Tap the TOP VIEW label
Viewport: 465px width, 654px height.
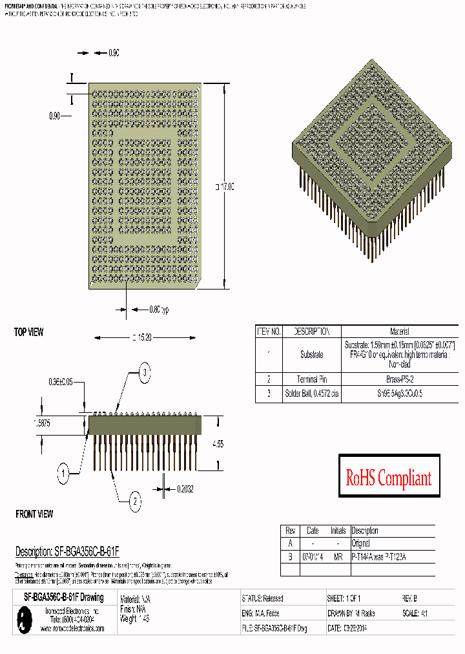tap(29, 332)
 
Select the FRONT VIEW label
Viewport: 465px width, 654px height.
tap(34, 514)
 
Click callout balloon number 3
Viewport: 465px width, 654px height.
tap(145, 372)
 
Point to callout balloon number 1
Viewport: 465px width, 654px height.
tap(63, 474)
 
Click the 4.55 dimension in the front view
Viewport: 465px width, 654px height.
tap(218, 445)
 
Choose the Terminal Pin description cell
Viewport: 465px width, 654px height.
tap(311, 379)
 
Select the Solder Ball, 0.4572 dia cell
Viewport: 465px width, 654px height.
tap(311, 394)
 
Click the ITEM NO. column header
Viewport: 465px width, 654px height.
tap(269, 331)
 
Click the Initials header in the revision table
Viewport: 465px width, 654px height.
tap(338, 531)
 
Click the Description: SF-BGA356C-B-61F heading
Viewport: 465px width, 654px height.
tap(67, 552)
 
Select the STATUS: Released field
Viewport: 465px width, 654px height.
tap(263, 598)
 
